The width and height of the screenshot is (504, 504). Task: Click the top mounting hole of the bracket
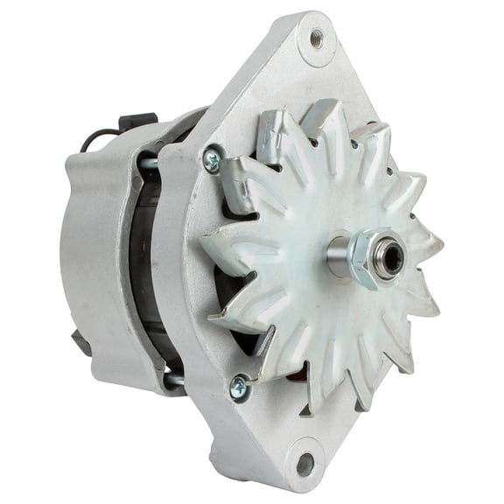coord(317,38)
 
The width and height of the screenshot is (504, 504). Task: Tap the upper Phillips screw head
coord(211,157)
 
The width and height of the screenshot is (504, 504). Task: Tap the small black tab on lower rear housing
coord(81,344)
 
